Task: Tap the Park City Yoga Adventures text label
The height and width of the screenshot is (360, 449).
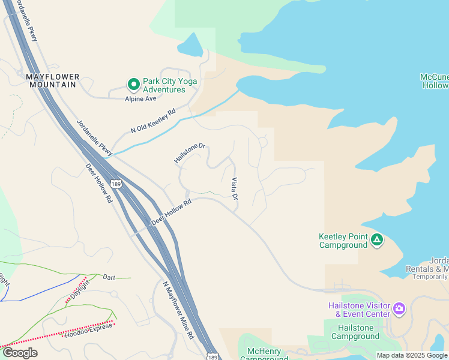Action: [x=164, y=85]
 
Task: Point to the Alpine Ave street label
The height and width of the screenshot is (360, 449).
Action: [x=140, y=98]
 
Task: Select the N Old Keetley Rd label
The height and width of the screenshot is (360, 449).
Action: [x=153, y=121]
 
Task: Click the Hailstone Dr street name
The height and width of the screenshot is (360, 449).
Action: [x=190, y=153]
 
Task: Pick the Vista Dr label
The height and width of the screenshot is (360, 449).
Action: [x=235, y=189]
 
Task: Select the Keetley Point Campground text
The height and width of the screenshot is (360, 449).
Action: [x=343, y=241]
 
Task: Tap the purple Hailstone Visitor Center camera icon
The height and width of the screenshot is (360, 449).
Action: [x=399, y=309]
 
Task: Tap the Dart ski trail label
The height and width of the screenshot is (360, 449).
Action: [x=109, y=277]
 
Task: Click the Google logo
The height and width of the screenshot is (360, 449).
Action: [x=20, y=353]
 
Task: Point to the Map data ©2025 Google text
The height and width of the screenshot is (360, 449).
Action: [x=412, y=355]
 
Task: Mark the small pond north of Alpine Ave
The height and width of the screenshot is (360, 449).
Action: [x=191, y=45]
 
